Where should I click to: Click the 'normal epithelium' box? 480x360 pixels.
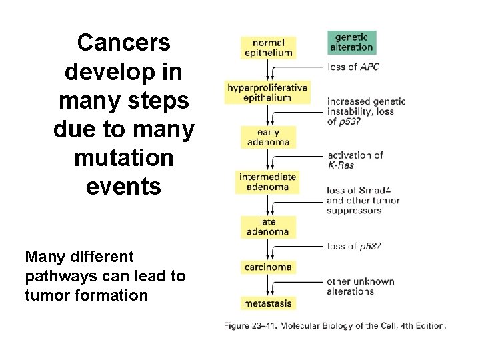pos(268,47)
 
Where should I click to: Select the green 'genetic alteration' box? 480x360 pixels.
pos(351,42)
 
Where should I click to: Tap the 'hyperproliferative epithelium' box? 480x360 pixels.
pos(267,93)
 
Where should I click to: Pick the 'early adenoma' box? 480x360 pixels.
pos(268,137)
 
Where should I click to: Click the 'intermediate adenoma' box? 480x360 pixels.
pos(267,182)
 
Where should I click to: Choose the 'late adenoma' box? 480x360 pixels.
pos(267,227)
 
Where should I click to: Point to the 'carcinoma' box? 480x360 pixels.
pos(267,267)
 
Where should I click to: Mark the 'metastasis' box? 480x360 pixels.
pos(267,303)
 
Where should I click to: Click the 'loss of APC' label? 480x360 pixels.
pos(353,67)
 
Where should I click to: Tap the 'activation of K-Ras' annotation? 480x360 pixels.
pos(355,159)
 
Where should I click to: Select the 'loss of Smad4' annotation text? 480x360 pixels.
pos(359,191)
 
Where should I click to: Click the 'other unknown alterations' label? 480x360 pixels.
pos(360,286)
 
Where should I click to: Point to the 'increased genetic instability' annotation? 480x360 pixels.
pos(366,106)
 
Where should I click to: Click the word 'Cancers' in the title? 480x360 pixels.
pos(123,43)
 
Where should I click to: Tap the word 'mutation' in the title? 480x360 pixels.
pos(123,158)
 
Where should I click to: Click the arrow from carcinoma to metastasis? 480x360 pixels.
pos(267,285)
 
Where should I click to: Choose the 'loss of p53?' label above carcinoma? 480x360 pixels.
pos(353,246)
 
